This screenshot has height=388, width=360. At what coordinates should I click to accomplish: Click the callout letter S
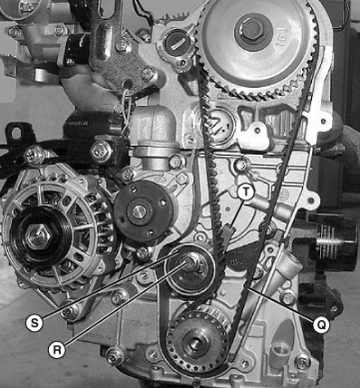(x=34, y=323)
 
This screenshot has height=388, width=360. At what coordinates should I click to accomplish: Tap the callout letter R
(x=56, y=350)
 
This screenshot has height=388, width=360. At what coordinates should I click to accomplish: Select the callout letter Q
(x=321, y=325)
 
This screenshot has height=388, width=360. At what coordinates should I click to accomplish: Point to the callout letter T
(x=245, y=191)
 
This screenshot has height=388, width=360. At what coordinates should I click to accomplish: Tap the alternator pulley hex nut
(x=37, y=235)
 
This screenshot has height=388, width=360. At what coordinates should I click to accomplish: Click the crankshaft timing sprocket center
(x=195, y=343)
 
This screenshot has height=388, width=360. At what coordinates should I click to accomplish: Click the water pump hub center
(x=140, y=210)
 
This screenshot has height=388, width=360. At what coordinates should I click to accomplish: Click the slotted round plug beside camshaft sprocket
(x=176, y=44)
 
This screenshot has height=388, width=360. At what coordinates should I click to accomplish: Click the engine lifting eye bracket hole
(x=15, y=132)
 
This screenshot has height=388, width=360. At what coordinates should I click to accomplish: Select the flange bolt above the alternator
(x=102, y=150)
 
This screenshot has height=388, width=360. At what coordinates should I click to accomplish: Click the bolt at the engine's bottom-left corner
(x=114, y=356)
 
